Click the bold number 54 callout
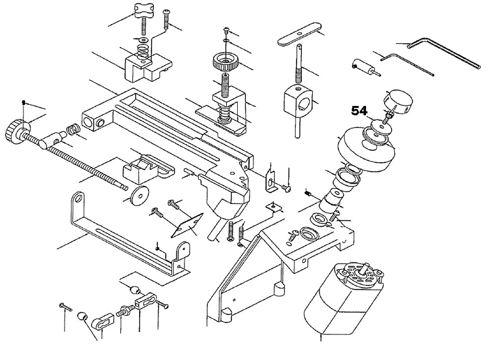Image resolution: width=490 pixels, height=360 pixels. tap(359, 112)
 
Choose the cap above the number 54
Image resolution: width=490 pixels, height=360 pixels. tap(400, 101)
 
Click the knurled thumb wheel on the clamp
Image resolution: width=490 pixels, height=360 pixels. tap(225, 63)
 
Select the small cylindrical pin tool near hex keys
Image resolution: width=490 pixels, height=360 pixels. tap(363, 67)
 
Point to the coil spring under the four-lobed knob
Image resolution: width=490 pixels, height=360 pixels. tap(143, 50)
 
